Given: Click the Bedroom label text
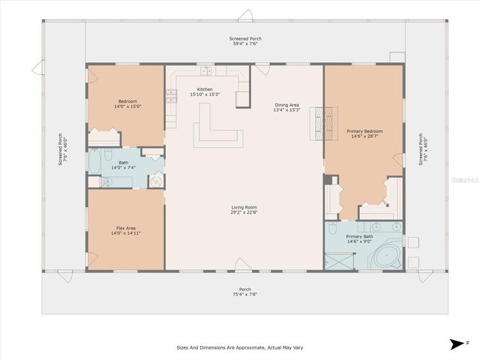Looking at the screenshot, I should point(126,101).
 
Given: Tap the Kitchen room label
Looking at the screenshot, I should point(205,89).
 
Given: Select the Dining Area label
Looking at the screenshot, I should point(286,106).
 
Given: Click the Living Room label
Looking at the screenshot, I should point(244,208).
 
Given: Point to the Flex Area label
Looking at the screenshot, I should point(125,228).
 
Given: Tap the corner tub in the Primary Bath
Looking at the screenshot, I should point(387,256).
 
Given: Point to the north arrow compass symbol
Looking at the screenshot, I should point(456,344).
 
